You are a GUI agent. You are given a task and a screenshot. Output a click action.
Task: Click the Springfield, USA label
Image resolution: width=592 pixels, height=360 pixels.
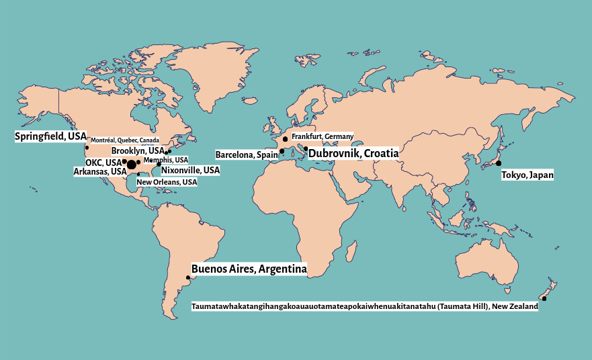pyautogui.click(x=50, y=136)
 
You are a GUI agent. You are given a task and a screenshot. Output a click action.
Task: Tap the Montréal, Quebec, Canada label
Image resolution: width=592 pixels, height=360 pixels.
pyautogui.click(x=125, y=140)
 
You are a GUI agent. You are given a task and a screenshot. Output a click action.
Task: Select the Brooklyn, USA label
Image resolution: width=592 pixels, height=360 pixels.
pyautogui.click(x=138, y=151)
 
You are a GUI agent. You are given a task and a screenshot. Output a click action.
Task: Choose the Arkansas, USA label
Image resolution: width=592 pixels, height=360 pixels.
pyautogui.click(x=100, y=171)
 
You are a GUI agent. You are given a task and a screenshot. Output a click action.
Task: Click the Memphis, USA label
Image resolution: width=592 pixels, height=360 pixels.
pyautogui.click(x=166, y=160)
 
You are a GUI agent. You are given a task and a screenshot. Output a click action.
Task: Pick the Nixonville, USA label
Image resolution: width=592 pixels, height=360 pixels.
pyautogui.click(x=190, y=171)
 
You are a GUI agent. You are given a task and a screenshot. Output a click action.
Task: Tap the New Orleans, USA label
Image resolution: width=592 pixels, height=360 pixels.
pyautogui.click(x=167, y=182)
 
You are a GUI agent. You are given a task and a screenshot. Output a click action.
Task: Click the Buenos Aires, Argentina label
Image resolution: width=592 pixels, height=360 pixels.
pyautogui.click(x=249, y=269)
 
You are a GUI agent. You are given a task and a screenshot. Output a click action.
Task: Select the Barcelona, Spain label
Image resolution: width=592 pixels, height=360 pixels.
pyautogui.click(x=246, y=154)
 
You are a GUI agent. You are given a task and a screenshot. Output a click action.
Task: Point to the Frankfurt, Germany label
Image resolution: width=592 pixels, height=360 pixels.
pyautogui.click(x=323, y=136)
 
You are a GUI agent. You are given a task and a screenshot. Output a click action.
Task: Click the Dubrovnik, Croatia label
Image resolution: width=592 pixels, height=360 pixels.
pyautogui.click(x=353, y=153)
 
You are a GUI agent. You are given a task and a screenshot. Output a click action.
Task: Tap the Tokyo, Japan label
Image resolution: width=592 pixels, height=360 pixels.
pyautogui.click(x=527, y=175)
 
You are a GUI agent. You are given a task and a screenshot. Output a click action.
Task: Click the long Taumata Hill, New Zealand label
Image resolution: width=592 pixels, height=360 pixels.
pyautogui.click(x=365, y=307)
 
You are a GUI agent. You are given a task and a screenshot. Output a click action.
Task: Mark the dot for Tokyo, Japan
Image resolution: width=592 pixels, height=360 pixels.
pyautogui.click(x=499, y=163)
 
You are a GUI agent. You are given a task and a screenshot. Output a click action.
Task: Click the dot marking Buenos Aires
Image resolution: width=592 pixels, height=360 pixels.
pyautogui.click(x=187, y=277)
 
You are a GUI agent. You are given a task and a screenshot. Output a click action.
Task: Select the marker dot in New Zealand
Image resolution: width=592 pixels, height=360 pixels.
pyautogui.click(x=544, y=298)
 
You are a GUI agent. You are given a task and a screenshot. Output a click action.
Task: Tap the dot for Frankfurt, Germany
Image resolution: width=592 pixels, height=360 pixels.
pyautogui.click(x=286, y=138)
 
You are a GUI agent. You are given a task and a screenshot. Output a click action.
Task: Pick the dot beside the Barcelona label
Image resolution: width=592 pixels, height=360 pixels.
pyautogui.click(x=282, y=151)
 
